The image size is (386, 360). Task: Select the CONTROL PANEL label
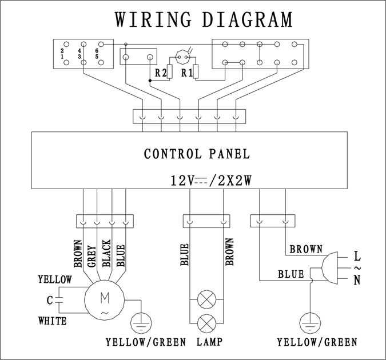click(196, 154)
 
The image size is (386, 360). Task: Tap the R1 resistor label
click(187, 73)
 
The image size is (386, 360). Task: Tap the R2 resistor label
click(161, 73)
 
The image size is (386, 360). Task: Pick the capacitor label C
click(50, 299)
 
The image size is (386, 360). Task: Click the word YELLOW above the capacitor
click(55, 279)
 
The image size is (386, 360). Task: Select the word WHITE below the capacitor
click(53, 321)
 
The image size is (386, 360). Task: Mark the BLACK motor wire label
click(106, 254)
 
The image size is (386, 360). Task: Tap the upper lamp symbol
click(205, 300)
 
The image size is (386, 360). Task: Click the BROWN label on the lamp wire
click(229, 252)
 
